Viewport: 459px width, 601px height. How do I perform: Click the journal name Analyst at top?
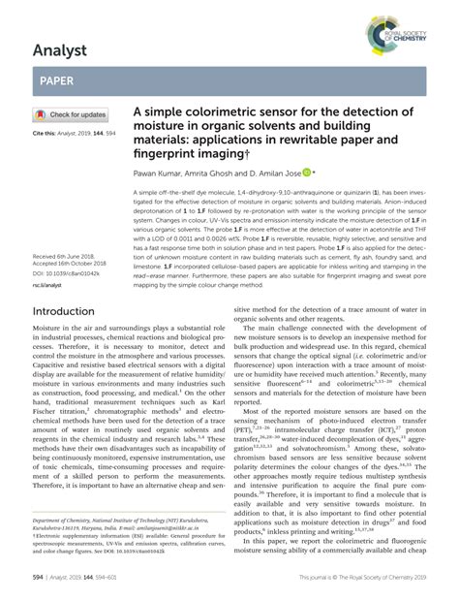tap(61, 46)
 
